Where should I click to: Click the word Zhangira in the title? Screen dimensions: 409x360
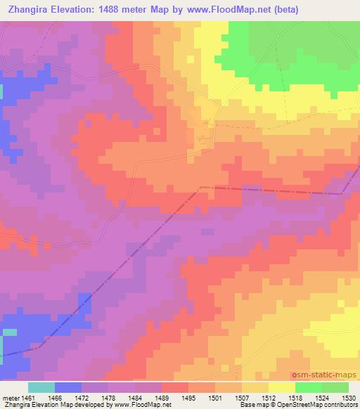pyautogui.click(x=29, y=9)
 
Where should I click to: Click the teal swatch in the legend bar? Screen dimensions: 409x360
pyautogui.click(x=41, y=387)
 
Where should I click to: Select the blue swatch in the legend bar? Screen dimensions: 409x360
pyautogui.click(x=68, y=387)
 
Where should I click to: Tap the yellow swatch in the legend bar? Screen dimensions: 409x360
pyautogui.click(x=281, y=387)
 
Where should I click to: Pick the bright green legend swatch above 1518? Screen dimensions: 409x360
pyautogui.click(x=308, y=387)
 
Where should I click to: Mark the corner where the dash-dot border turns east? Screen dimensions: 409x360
pyautogui.click(x=201, y=188)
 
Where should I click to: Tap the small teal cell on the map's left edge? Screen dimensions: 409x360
pyautogui.click(x=9, y=332)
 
